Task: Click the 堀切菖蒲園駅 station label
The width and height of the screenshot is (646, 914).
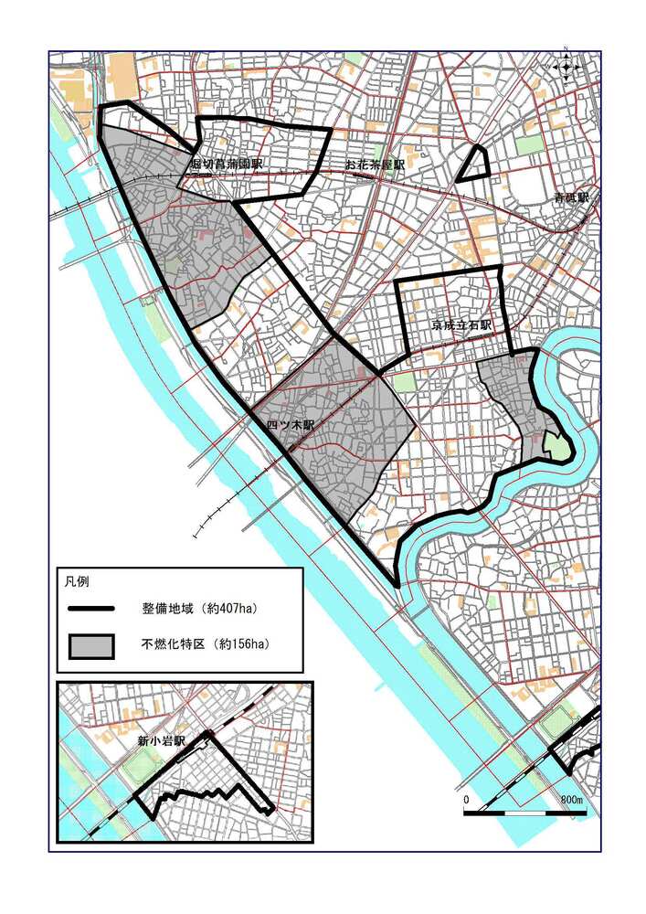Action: click(226, 165)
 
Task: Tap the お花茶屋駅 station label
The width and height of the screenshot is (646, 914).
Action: click(374, 165)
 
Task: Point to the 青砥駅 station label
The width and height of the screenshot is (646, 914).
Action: click(571, 197)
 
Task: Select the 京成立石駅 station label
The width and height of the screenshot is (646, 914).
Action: click(462, 324)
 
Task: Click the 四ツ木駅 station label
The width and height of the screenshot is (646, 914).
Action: click(291, 426)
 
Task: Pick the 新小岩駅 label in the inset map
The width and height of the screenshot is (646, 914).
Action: click(161, 741)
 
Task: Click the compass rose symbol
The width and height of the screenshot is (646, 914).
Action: click(567, 67)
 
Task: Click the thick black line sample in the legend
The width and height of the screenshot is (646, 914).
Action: click(90, 608)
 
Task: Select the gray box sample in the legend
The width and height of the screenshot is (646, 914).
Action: click(90, 645)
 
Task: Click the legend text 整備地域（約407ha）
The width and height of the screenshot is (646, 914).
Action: click(196, 608)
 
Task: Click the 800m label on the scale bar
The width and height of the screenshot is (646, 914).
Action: click(572, 800)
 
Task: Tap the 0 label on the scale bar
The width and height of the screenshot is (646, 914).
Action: click(466, 800)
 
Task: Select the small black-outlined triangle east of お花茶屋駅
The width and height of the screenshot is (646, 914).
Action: click(474, 165)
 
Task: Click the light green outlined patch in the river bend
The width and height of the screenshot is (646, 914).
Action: click(556, 447)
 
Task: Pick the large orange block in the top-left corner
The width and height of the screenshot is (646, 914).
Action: click(121, 76)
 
